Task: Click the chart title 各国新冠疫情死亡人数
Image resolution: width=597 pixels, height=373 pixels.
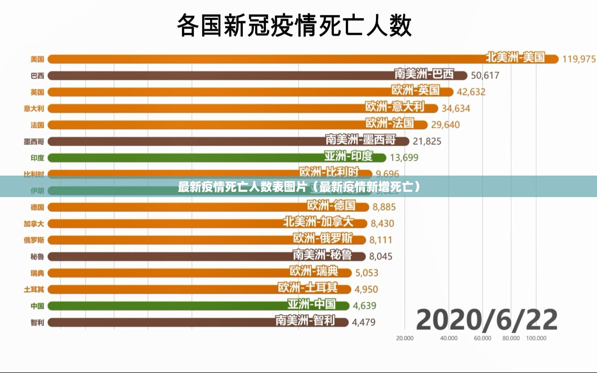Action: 294,25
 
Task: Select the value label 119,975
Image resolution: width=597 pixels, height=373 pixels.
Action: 579,59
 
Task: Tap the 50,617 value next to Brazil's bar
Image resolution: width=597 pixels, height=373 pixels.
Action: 485,76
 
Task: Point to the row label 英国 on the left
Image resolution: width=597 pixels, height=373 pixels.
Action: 37,92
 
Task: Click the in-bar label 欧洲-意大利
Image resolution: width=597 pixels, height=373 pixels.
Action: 395,107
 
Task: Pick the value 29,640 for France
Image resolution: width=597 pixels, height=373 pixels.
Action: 445,125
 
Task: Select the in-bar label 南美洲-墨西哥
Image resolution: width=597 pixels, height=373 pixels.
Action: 360,140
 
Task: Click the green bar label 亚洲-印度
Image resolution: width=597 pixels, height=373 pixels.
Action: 348,156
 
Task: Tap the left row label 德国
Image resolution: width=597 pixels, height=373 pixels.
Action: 37,207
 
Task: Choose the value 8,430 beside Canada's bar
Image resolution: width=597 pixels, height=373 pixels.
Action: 382,223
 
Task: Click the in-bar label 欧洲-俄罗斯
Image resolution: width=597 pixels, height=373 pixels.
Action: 323,238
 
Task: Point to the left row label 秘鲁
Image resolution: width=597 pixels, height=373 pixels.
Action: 37,257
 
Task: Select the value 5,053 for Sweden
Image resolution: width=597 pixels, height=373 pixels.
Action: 367,273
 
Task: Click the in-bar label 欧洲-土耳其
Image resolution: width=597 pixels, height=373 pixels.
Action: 308,288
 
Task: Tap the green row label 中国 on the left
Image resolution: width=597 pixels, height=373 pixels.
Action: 37,306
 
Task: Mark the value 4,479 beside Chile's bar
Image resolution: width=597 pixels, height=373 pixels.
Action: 363,322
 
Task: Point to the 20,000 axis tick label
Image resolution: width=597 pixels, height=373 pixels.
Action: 405,338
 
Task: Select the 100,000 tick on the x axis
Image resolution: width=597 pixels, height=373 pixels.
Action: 536,338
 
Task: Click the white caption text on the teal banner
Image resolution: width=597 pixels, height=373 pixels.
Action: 299,187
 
